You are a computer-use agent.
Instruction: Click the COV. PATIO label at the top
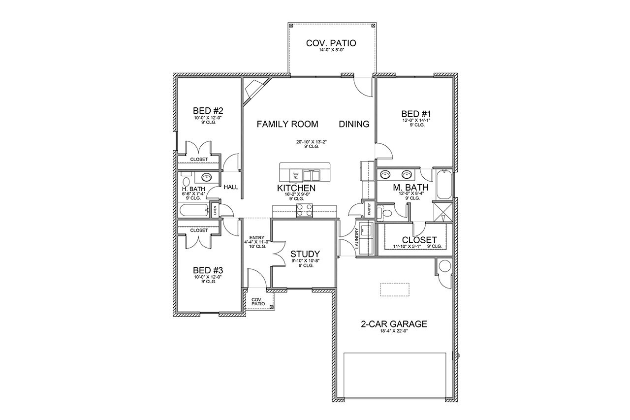331,43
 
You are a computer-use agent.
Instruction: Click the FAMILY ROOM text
287,124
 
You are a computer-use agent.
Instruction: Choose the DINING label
354,124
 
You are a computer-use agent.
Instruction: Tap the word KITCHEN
296,188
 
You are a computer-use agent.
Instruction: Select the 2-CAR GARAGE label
394,324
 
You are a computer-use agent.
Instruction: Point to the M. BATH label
410,188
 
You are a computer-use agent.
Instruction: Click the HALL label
231,188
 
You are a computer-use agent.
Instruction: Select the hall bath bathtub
193,211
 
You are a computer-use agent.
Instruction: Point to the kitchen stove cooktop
304,212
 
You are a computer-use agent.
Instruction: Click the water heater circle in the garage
444,267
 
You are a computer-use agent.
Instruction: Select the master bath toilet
387,213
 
